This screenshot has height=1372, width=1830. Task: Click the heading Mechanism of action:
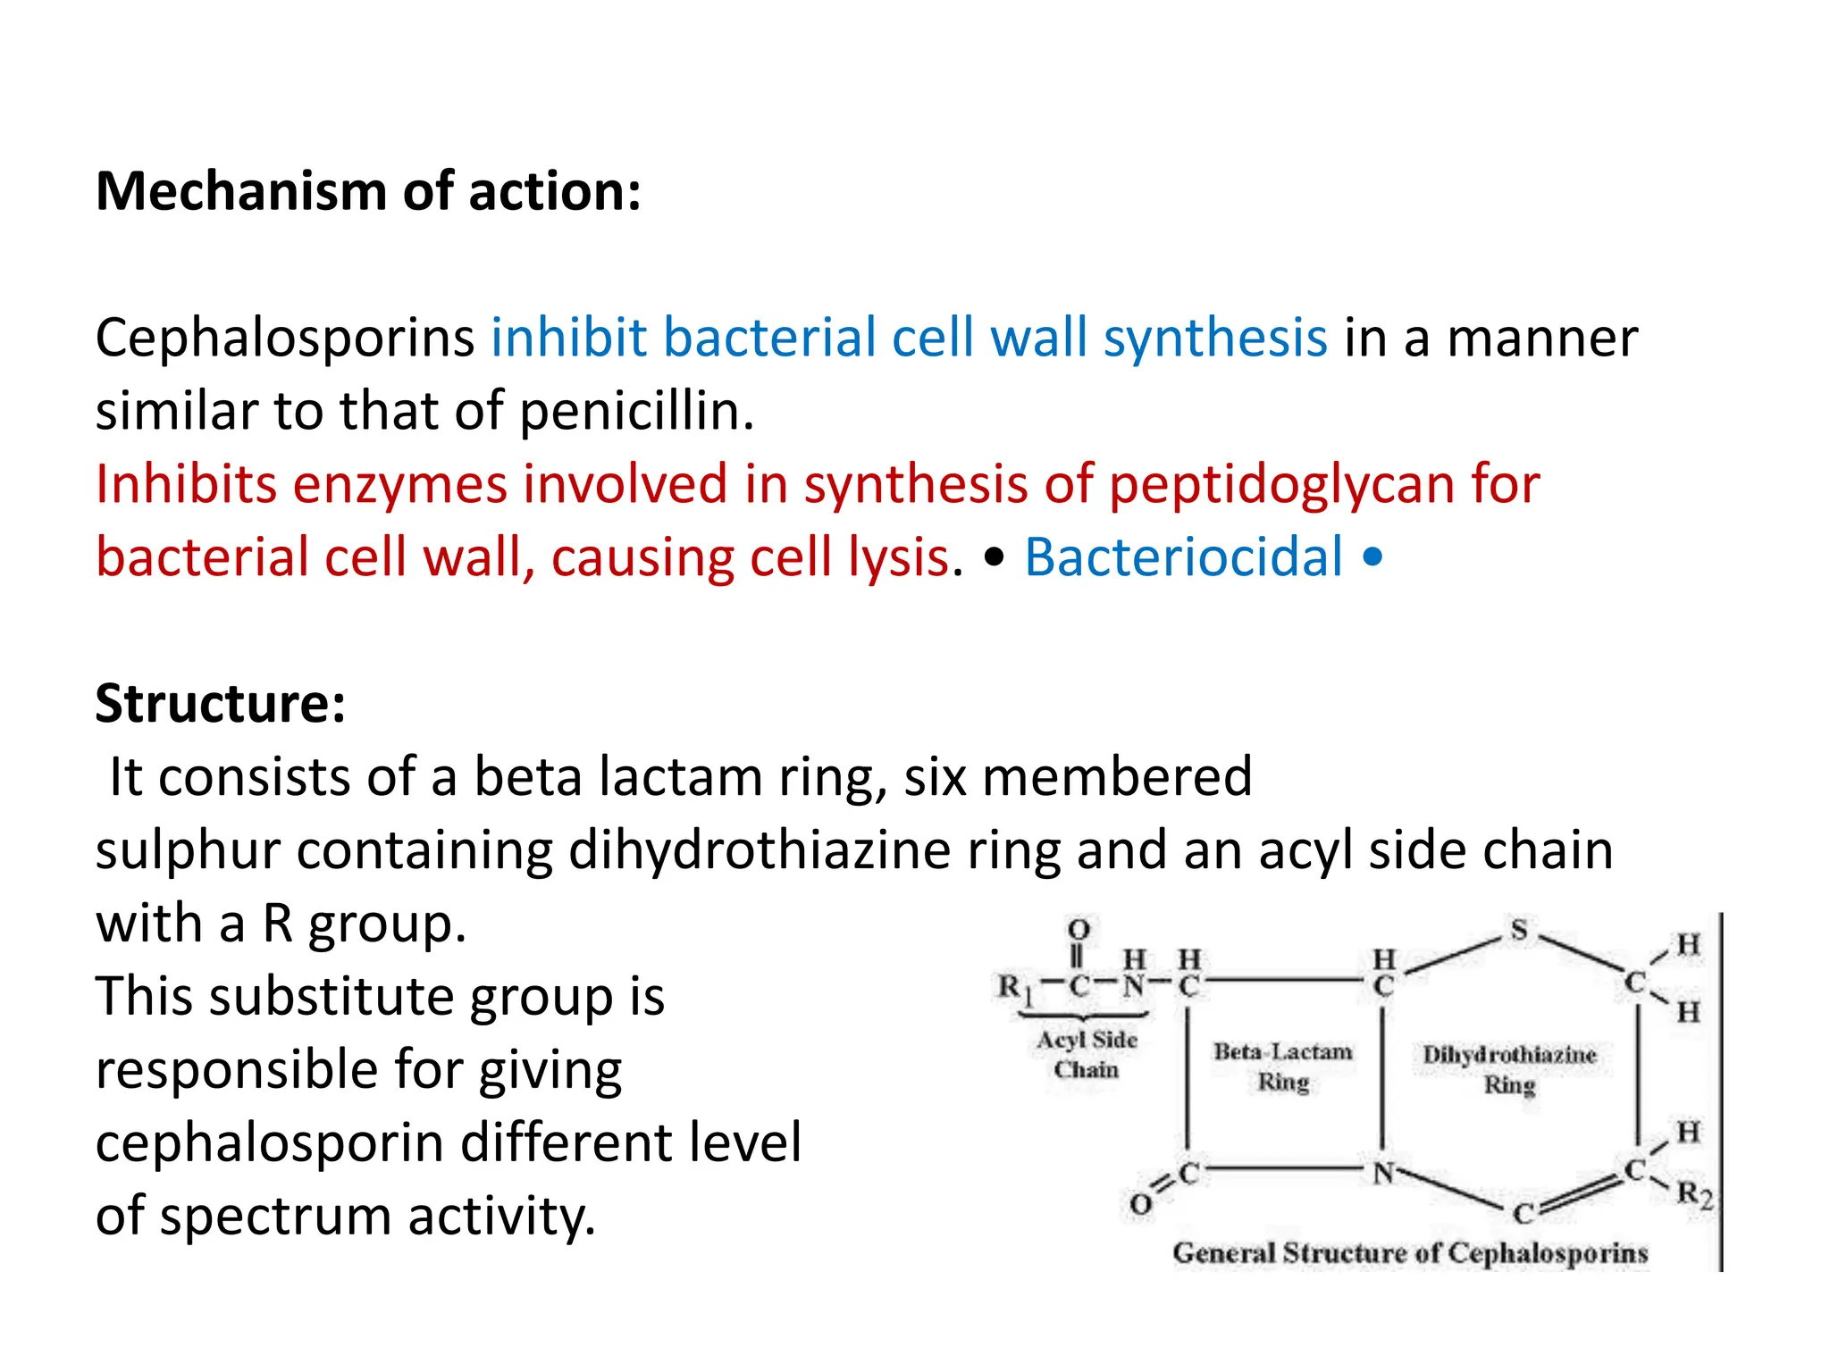[368, 192]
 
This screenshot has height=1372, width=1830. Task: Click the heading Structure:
[220, 704]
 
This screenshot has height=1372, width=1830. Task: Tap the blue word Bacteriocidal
[1183, 557]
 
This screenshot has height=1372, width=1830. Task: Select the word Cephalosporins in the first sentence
[285, 339]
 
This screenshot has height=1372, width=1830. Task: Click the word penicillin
[637, 412]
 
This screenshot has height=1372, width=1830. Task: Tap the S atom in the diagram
[1519, 930]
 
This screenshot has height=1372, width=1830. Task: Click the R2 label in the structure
[1694, 1193]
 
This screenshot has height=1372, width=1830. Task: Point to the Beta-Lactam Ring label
[1283, 1067]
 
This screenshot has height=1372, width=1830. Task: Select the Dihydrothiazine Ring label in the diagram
[1509, 1069]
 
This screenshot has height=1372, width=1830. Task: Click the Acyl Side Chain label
[1087, 1054]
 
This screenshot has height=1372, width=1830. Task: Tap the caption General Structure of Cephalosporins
[1410, 1253]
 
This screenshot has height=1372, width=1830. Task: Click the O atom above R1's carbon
[1079, 930]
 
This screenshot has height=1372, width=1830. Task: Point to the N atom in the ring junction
[1383, 1173]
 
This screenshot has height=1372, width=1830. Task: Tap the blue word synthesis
[1215, 339]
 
